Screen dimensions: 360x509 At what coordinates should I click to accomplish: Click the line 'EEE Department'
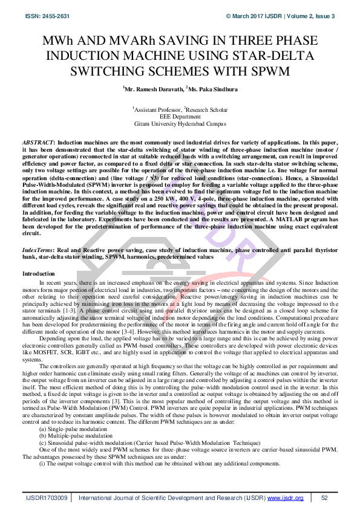point(180,117)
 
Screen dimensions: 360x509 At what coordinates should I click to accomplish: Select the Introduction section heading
point(39,274)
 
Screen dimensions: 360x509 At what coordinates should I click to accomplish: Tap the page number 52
point(324,497)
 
